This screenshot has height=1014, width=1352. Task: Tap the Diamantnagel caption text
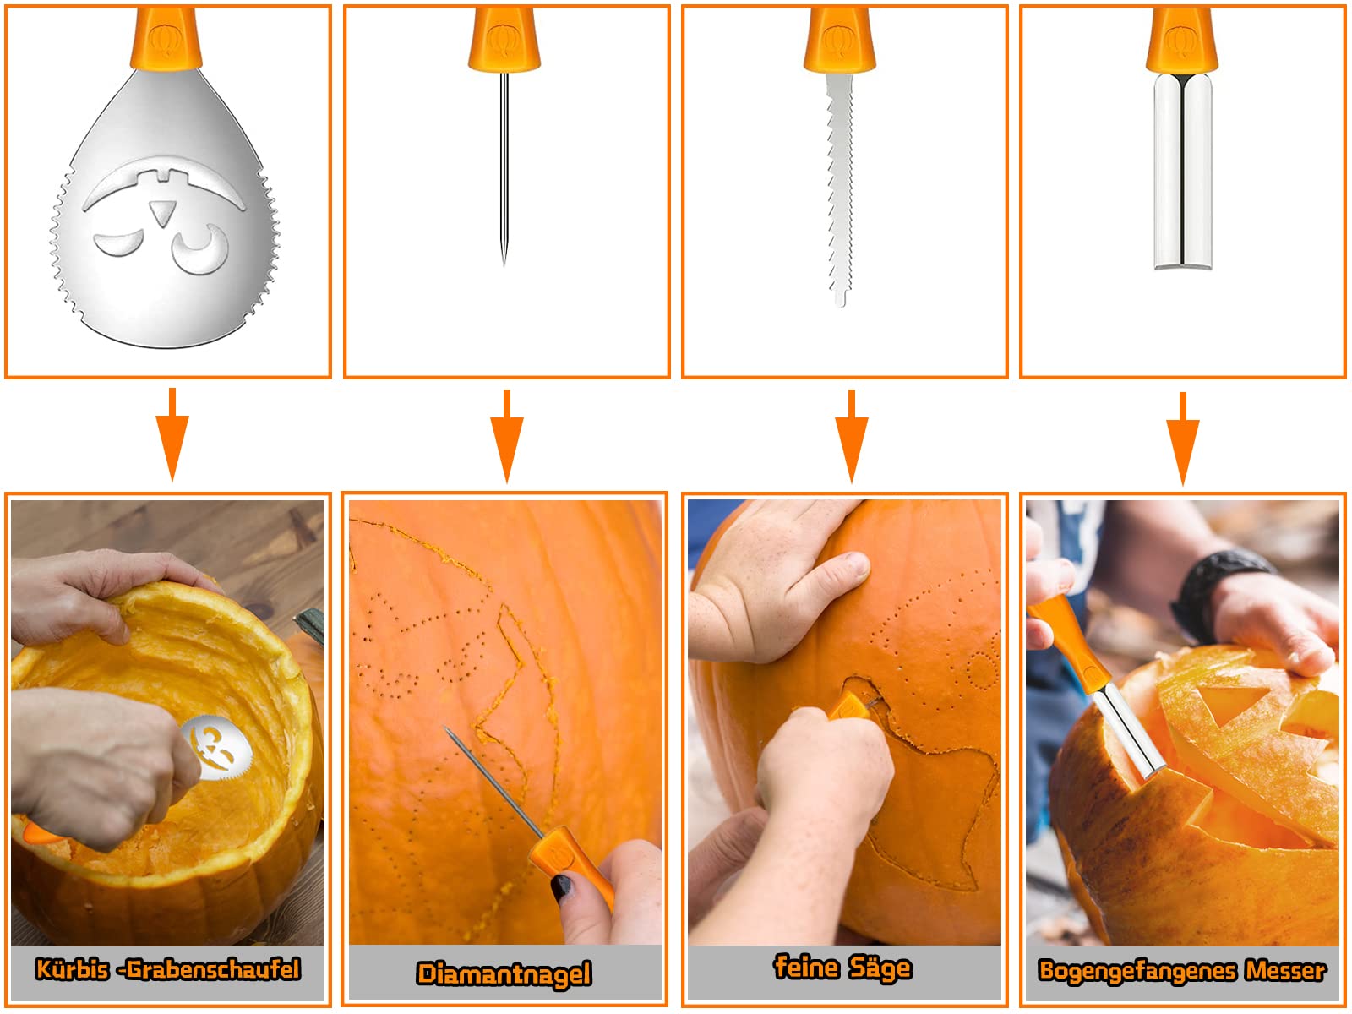(504, 974)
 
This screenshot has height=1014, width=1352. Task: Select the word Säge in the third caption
(880, 968)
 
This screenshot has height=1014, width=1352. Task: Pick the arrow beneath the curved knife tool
(1182, 439)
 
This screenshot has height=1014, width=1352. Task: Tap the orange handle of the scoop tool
(166, 38)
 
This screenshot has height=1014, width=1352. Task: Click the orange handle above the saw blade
(839, 38)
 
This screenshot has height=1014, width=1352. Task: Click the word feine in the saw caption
(806, 967)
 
